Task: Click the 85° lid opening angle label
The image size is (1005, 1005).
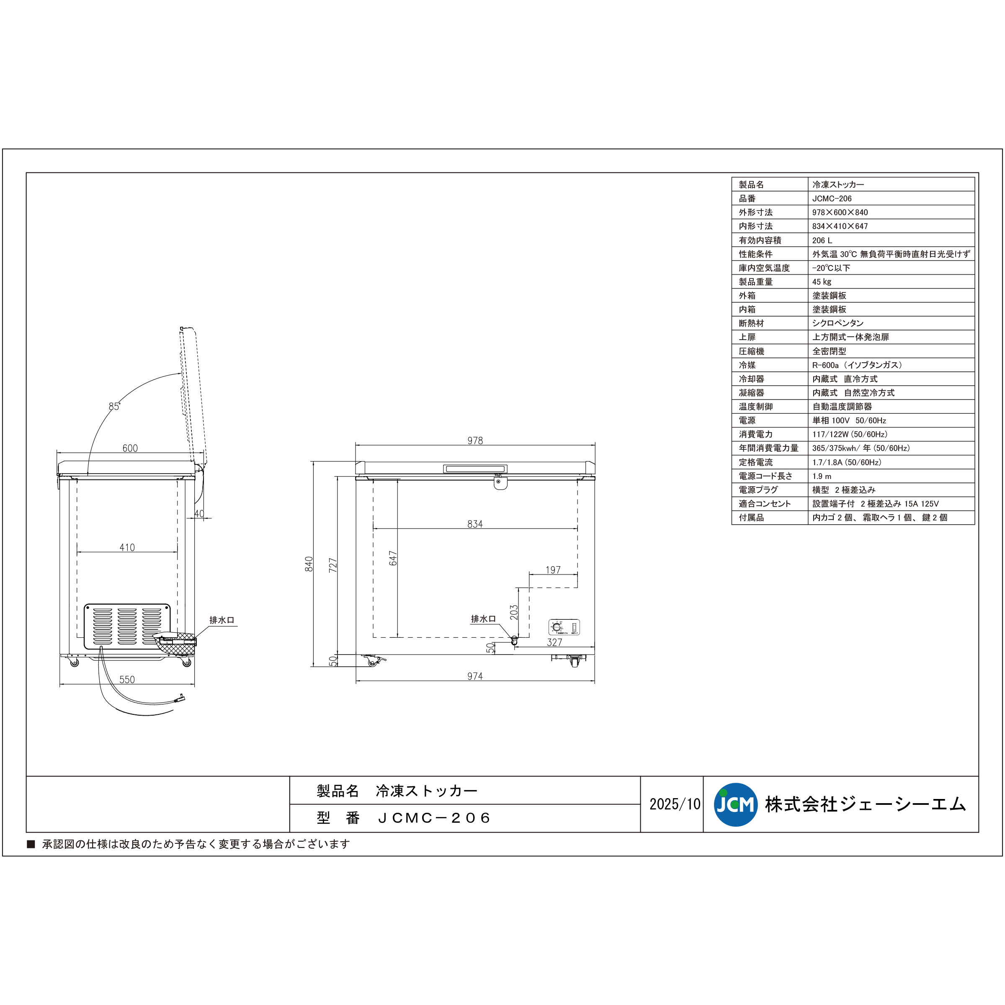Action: pos(114,406)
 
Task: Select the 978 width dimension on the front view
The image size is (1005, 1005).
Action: pos(475,441)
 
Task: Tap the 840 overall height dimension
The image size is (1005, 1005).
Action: pos(309,564)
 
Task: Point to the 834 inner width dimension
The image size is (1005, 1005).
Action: pos(475,524)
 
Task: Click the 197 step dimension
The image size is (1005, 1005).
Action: pos(553,569)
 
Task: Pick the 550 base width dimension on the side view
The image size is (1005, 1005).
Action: pos(127,679)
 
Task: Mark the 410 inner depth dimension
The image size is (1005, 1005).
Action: pos(127,547)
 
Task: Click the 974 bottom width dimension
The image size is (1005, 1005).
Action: pos(475,676)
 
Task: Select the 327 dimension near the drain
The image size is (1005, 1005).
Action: pos(554,642)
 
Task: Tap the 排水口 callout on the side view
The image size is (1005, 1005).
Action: pos(222,620)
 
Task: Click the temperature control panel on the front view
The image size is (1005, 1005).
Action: pos(564,627)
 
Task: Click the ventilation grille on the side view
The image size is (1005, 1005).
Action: pos(127,626)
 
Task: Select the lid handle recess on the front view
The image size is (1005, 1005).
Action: pos(475,469)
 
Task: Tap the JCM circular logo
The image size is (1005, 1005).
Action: pos(736,805)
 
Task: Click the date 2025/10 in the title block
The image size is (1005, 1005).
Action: pos(675,804)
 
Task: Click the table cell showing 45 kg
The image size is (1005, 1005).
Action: pos(822,281)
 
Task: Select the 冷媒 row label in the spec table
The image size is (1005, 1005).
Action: pos(747,365)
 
